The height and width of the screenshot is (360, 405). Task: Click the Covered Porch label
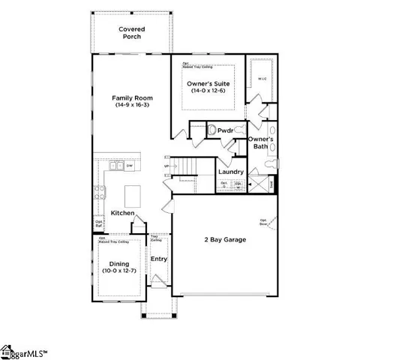pyautogui.click(x=132, y=33)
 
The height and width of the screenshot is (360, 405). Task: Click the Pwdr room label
pyautogui.click(x=225, y=130)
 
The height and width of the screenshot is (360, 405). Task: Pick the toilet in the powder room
pyautogui.click(x=211, y=130)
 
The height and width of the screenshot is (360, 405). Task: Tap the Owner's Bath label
pyautogui.click(x=261, y=142)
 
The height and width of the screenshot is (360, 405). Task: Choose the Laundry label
pyautogui.click(x=229, y=172)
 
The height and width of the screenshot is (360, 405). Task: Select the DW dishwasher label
pyautogui.click(x=129, y=165)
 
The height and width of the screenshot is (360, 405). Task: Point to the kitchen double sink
pyautogui.click(x=116, y=166)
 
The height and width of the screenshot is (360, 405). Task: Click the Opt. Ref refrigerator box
pyautogui.click(x=98, y=223)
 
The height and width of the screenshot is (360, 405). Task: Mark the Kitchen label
pyautogui.click(x=122, y=214)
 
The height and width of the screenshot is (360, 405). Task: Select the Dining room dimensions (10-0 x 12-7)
pyautogui.click(x=118, y=271)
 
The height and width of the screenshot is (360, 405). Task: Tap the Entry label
pyautogui.click(x=159, y=259)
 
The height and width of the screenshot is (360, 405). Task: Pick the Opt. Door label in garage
pyautogui.click(x=264, y=222)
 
